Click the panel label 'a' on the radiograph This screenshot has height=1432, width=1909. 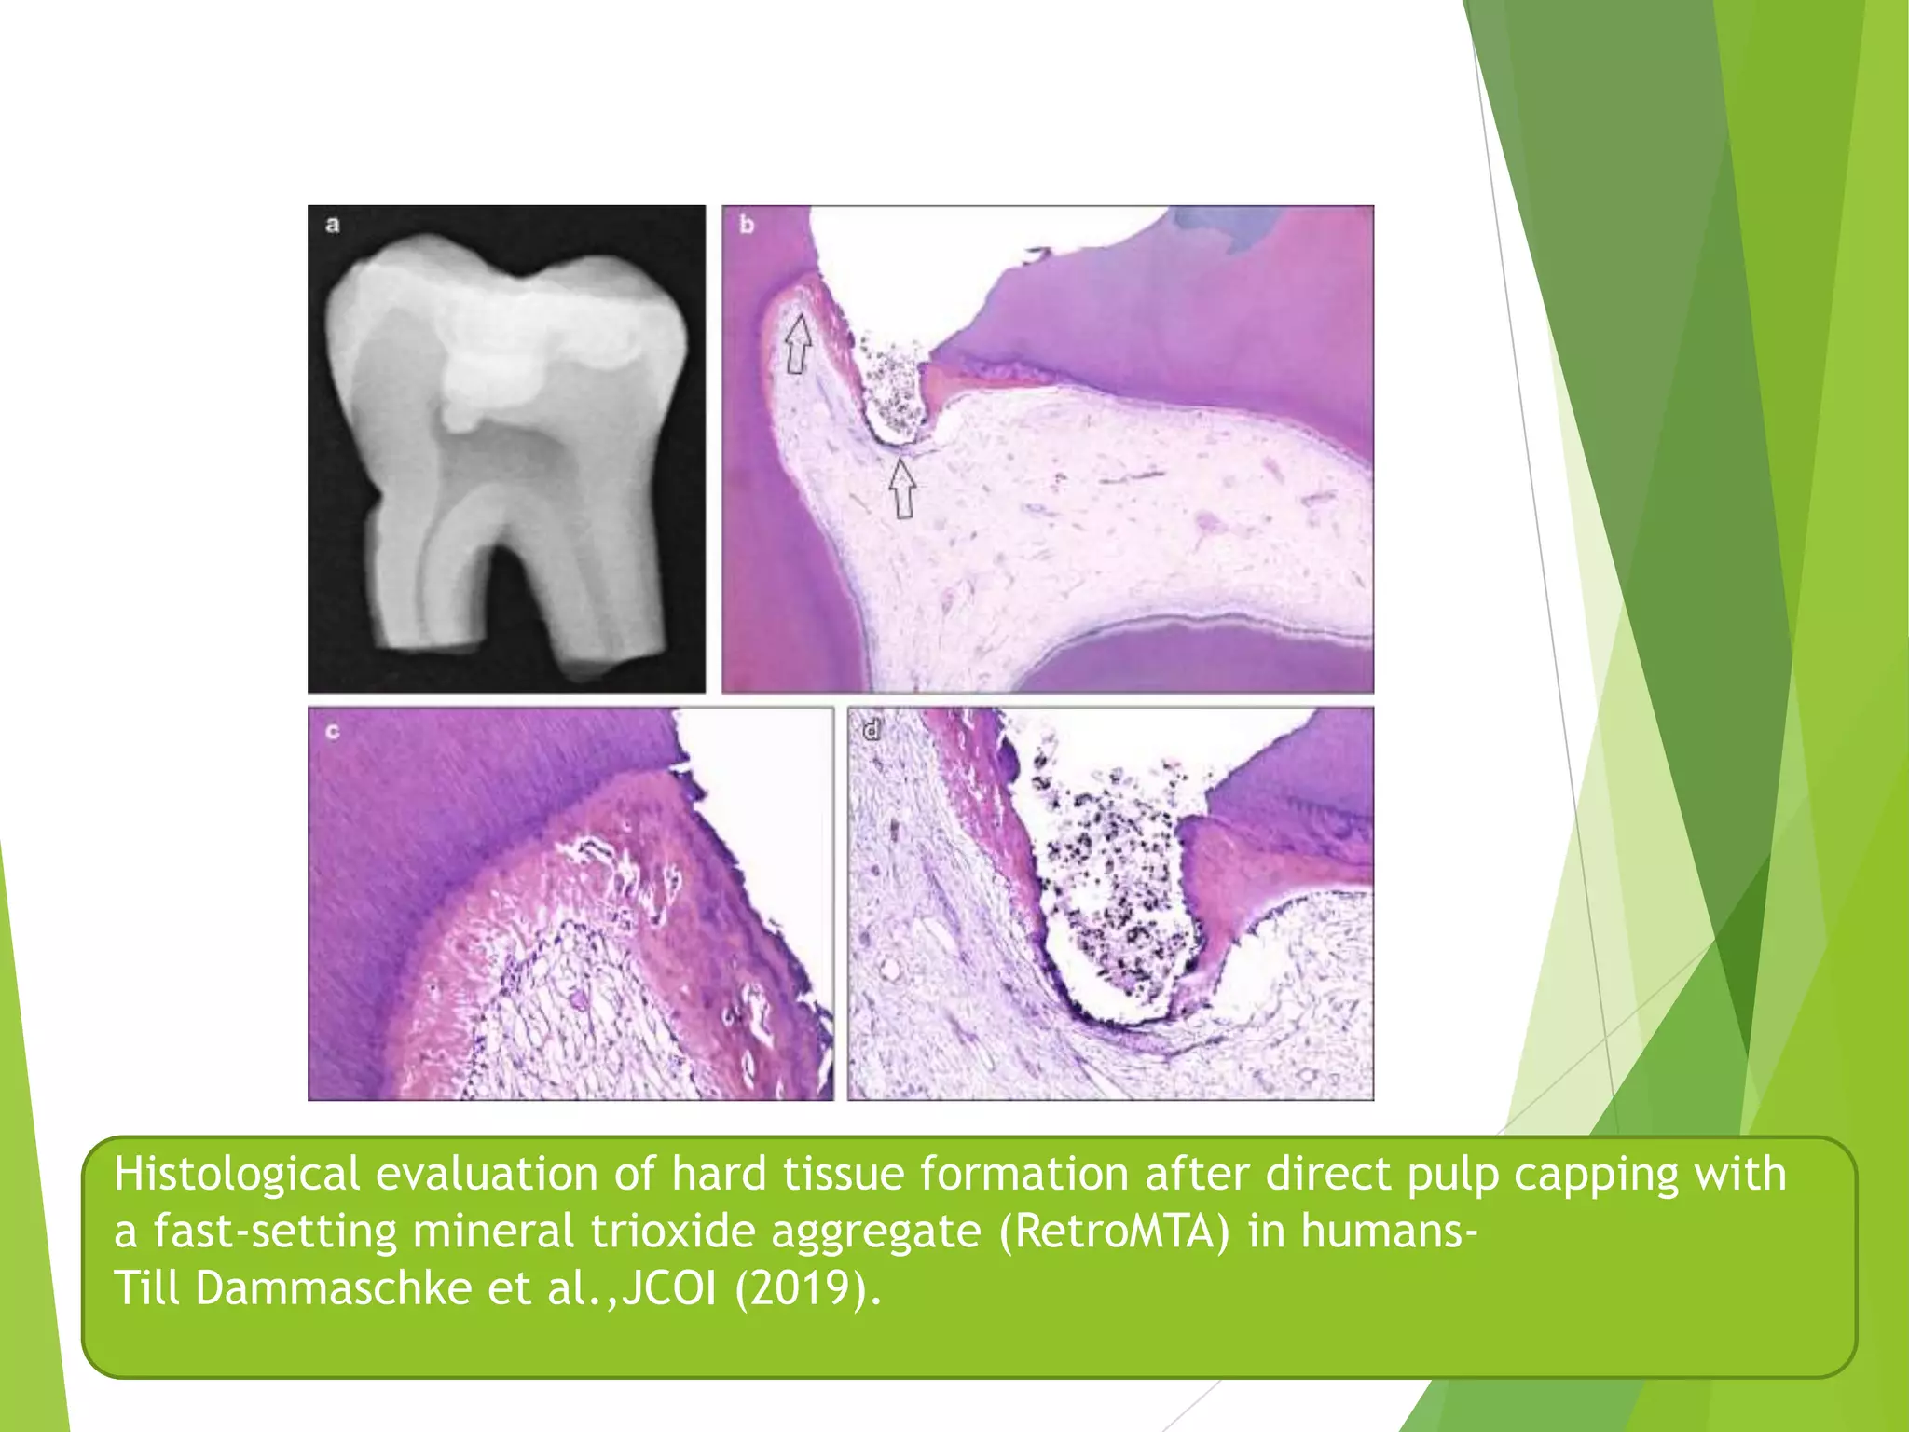333,224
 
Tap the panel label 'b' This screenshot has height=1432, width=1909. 747,225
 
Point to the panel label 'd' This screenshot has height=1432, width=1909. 872,730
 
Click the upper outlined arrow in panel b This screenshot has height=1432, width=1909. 797,344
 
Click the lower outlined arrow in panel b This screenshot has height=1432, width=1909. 901,489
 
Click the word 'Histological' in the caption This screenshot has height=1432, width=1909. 237,1174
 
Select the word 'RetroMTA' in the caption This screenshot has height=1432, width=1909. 1115,1231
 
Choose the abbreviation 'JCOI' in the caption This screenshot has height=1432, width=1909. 669,1288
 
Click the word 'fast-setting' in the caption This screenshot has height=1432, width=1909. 275,1231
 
